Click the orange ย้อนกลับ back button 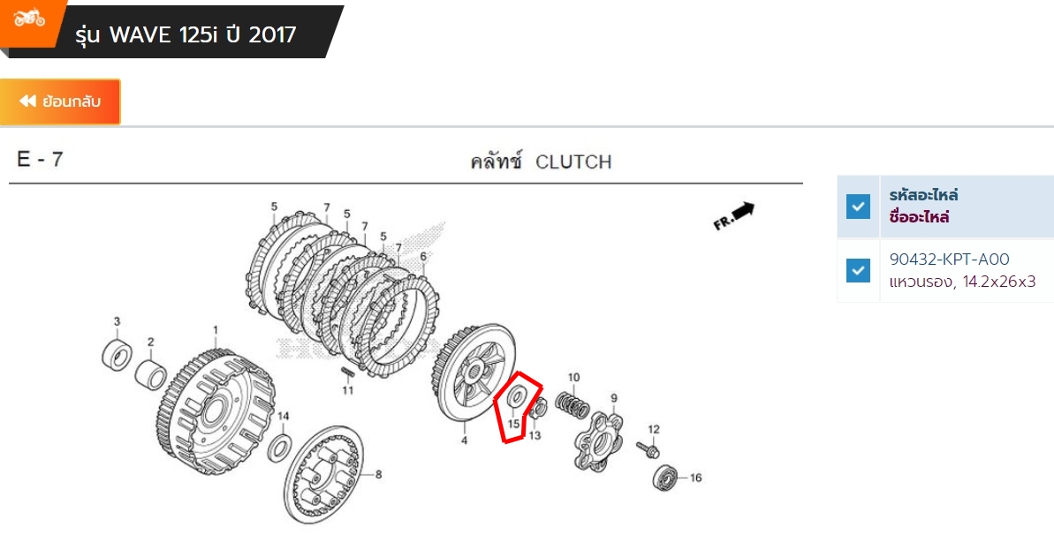(x=60, y=102)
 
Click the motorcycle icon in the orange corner (x=29, y=18)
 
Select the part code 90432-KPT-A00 (x=950, y=260)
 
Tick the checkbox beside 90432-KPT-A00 (x=858, y=270)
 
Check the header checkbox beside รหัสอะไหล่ (x=858, y=207)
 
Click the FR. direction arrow (x=734, y=215)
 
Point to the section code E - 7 (x=40, y=160)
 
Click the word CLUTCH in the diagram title (x=573, y=162)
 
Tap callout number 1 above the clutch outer (x=215, y=329)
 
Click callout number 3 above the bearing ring (x=116, y=320)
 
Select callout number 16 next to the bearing (x=695, y=478)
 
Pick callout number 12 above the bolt (x=654, y=430)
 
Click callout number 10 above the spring (x=573, y=378)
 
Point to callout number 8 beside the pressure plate (x=378, y=475)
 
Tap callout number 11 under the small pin (x=348, y=390)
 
